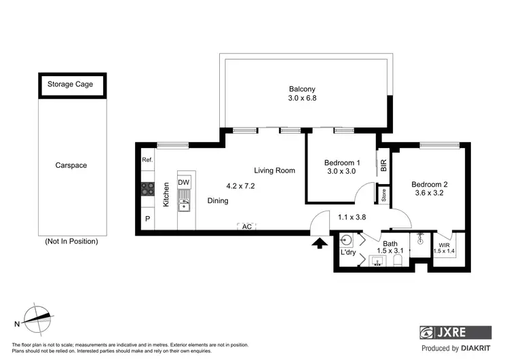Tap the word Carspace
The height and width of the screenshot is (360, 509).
pyautogui.click(x=71, y=165)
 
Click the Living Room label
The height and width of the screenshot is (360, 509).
pyautogui.click(x=275, y=170)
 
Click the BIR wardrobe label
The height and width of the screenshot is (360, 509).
pyautogui.click(x=383, y=165)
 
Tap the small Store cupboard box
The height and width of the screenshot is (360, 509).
pyautogui.click(x=383, y=194)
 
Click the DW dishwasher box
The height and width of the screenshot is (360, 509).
pyautogui.click(x=184, y=183)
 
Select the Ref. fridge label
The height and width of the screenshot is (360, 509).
pyautogui.click(x=147, y=160)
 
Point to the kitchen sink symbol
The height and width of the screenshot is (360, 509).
pyautogui.click(x=184, y=200)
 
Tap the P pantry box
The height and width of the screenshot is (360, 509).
pyautogui.click(x=147, y=219)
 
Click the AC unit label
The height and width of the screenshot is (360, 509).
pyautogui.click(x=247, y=227)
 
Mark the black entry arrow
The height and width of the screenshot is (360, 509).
pyautogui.click(x=318, y=242)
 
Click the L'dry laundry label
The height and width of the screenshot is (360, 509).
pyautogui.click(x=348, y=253)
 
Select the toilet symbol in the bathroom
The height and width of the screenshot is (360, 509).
pyautogui.click(x=398, y=259)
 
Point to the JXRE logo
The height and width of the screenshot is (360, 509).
pyautogui.click(x=455, y=333)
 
